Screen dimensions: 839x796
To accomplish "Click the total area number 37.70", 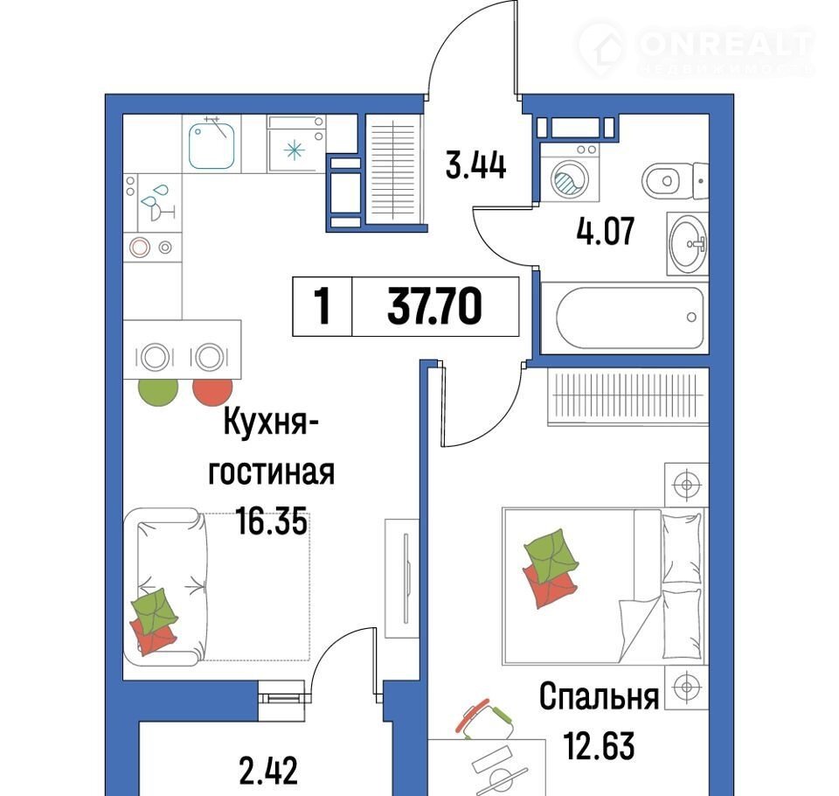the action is coord(434,306).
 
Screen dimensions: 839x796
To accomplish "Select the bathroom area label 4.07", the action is coord(605,231).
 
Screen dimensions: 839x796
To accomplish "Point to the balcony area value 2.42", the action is coord(268,771).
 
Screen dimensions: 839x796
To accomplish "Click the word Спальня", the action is coord(599,697).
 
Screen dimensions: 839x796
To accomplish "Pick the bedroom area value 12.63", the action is coord(600,746).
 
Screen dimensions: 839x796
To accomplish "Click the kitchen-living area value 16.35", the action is coord(272,521).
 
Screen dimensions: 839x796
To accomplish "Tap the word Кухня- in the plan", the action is coord(271,422).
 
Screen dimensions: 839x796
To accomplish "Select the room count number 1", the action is coord(322,306).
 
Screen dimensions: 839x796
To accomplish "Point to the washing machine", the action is coord(570,172).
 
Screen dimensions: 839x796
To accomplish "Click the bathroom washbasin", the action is coord(689,244).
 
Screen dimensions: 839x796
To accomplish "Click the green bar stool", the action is coord(158,392).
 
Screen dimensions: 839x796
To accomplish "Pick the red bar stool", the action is coord(212,392).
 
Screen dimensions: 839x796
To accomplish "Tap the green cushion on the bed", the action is coord(551,553).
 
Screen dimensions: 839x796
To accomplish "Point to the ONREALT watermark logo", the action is coord(697,49).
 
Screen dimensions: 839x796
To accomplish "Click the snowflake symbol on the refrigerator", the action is coord(294,150).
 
